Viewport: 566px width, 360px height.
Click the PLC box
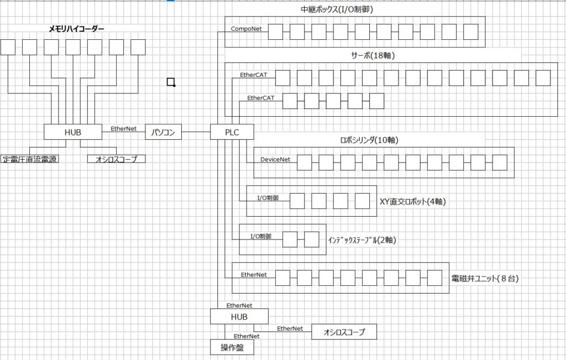pyautogui.click(x=232, y=132)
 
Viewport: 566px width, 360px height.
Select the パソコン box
pyautogui.click(x=163, y=132)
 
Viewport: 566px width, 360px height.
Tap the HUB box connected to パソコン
pyautogui.click(x=73, y=132)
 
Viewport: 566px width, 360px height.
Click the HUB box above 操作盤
pyautogui.click(x=239, y=316)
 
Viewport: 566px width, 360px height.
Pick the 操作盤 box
pyautogui.click(x=232, y=347)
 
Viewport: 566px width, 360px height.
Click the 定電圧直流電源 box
pyautogui.click(x=30, y=159)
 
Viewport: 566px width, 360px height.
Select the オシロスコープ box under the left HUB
pyautogui.click(x=117, y=159)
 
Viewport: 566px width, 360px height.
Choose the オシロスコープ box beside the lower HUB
pyautogui.click(x=344, y=332)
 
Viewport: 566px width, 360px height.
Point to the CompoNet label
pyautogui.click(x=246, y=29)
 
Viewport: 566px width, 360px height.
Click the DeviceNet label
pyautogui.click(x=275, y=159)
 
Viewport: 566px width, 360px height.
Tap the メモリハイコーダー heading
pyautogui.click(x=77, y=29)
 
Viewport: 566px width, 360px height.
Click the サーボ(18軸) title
pyautogui.click(x=373, y=56)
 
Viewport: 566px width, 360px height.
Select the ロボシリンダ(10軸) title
pyautogui.click(x=369, y=140)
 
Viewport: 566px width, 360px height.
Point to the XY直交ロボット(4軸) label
pyautogui.click(x=412, y=201)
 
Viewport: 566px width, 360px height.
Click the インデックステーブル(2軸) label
pyautogui.click(x=362, y=240)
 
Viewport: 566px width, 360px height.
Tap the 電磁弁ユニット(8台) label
pyautogui.click(x=485, y=278)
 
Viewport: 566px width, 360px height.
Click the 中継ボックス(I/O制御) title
pyautogui.click(x=337, y=10)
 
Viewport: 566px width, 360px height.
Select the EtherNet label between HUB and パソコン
pyautogui.click(x=123, y=128)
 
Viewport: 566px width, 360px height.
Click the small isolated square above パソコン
pyautogui.click(x=171, y=82)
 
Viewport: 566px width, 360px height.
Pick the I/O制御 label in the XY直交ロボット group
pyautogui.click(x=268, y=198)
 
